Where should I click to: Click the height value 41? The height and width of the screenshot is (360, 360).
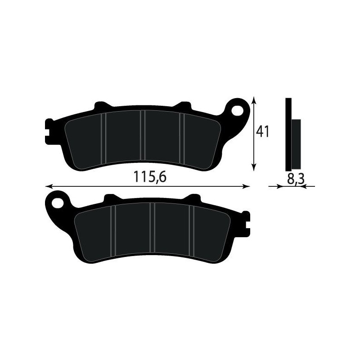tap(262, 131)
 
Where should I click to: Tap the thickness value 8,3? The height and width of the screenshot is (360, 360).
tap(295, 179)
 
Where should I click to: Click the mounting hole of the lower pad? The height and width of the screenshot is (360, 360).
tap(57, 201)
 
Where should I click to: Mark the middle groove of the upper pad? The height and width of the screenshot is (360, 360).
tap(143, 137)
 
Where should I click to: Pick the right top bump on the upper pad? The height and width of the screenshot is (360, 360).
tap(183, 107)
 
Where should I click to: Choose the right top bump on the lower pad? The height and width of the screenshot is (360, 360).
tap(193, 198)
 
